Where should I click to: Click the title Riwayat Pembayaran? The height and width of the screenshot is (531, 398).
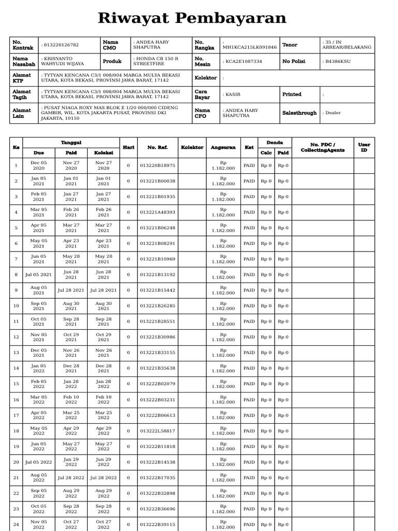click(192, 18)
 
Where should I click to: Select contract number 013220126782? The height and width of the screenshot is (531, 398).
click(61, 45)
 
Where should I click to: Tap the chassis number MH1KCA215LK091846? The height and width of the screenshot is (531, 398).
click(249, 47)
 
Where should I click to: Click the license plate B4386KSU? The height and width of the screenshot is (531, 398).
click(337, 61)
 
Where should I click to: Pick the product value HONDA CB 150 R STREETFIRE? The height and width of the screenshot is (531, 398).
click(156, 61)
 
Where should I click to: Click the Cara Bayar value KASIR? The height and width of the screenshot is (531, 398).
click(232, 94)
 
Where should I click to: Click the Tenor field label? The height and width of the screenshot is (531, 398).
click(290, 45)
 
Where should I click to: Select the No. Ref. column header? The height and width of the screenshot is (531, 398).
click(158, 148)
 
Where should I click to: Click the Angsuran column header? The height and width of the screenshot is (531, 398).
click(223, 148)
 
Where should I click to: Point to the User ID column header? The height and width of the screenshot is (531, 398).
click(364, 148)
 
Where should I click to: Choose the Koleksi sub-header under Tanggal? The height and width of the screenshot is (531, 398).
click(104, 153)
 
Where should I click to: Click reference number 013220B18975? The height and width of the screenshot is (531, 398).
click(158, 165)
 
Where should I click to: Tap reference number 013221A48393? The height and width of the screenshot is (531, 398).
click(158, 212)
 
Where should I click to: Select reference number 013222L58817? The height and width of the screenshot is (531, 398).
click(158, 431)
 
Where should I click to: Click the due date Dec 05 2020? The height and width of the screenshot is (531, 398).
click(39, 165)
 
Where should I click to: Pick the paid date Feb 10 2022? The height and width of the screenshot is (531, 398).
click(71, 399)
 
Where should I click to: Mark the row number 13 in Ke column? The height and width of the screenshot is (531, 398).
click(16, 353)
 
